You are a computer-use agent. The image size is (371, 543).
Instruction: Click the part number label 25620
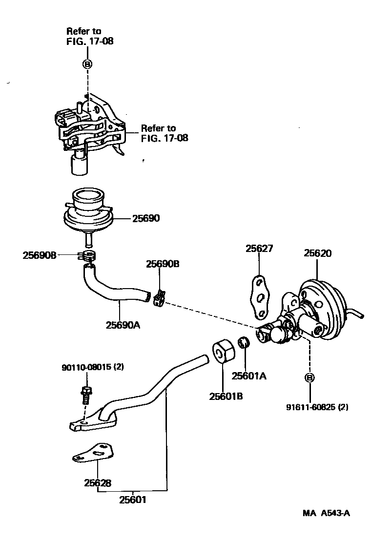coord(317,253)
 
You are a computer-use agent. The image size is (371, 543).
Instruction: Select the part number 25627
coord(259,249)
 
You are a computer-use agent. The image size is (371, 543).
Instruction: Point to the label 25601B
coord(226,396)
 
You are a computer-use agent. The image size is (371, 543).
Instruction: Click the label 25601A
coord(248,376)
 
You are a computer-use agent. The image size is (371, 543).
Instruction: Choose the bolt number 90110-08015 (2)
coord(86,367)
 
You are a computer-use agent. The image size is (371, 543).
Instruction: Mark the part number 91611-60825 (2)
coord(317,407)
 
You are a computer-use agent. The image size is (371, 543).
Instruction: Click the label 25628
coord(98,483)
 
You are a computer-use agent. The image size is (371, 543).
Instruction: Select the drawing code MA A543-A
coord(326,513)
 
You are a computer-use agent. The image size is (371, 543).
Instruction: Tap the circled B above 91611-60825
coord(309,377)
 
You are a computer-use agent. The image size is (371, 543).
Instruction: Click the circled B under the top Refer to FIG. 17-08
coord(87,63)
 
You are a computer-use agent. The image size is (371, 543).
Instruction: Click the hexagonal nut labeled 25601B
coord(222,351)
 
